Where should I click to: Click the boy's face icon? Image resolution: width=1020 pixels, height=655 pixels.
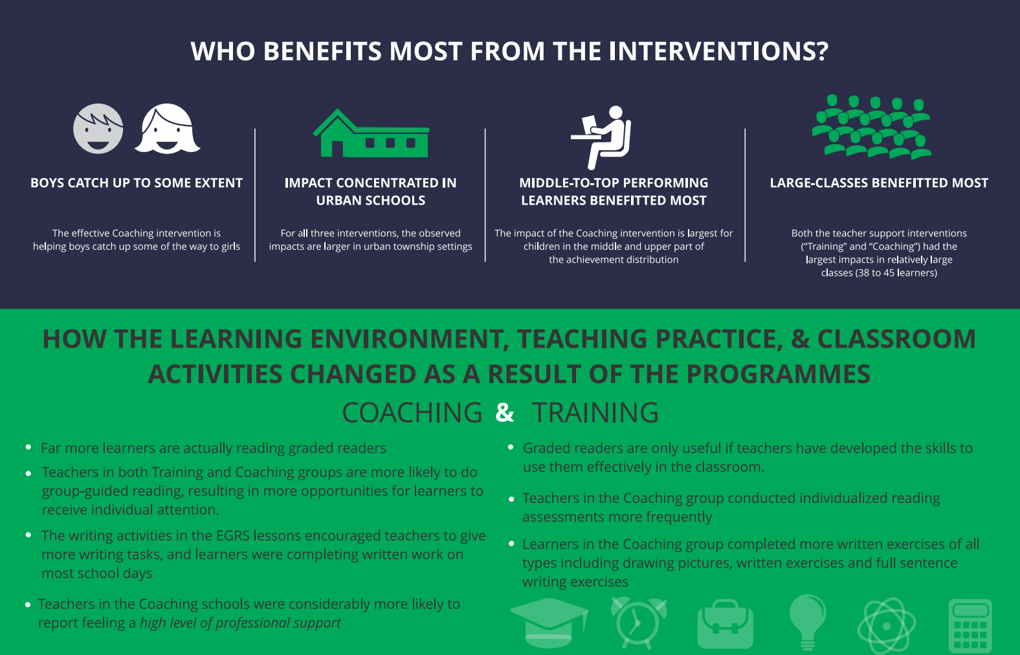coord(98,128)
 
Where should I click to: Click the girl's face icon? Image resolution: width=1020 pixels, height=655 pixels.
coord(167,128)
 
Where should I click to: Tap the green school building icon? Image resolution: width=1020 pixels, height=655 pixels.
coord(371,133)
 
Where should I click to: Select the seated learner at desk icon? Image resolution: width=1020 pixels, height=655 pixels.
coord(601,137)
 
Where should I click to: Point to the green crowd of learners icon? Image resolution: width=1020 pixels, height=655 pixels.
coord(872,127)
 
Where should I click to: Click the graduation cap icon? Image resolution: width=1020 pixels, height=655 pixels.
coord(549,623)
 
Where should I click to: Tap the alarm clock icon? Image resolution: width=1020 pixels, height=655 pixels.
coord(639,623)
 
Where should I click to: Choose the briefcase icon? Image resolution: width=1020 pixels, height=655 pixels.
coord(726,623)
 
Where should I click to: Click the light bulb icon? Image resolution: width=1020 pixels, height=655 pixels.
coord(807,622)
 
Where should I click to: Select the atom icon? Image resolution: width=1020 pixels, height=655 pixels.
coord(886,625)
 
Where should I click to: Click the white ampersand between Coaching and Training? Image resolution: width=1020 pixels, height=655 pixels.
coord(505,412)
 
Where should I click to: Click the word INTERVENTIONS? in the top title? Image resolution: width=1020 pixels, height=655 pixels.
coord(718,51)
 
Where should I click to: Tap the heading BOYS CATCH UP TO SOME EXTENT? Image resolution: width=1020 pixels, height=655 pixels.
coord(137,183)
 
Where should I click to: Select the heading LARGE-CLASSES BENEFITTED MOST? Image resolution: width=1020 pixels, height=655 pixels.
coord(879,183)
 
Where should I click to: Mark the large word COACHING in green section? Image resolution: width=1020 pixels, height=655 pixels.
coord(412,412)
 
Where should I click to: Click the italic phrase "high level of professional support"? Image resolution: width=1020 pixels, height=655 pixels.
coord(240,623)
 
